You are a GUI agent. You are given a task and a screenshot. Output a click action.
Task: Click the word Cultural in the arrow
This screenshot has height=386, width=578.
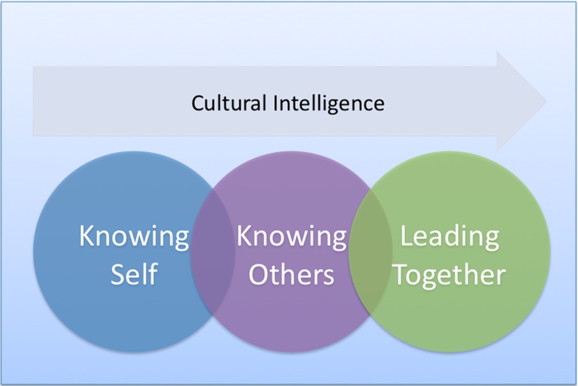(228, 103)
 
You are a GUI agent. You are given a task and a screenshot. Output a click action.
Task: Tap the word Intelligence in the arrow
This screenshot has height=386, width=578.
(329, 104)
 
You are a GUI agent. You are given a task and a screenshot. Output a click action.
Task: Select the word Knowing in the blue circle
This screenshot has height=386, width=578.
(134, 238)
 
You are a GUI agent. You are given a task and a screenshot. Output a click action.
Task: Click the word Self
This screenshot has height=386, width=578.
(134, 274)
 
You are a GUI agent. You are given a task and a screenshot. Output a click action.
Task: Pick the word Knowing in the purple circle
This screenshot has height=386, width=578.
(291, 238)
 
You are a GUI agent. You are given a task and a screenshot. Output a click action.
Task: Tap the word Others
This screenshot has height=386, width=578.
(291, 274)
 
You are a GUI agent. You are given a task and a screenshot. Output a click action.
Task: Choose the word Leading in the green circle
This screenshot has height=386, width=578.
(449, 238)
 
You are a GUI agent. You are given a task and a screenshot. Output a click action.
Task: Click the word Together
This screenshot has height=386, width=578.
(450, 275)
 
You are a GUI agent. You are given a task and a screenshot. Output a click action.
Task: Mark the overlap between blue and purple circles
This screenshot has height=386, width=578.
(213, 251)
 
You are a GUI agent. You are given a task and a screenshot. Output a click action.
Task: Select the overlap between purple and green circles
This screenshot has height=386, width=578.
(370, 251)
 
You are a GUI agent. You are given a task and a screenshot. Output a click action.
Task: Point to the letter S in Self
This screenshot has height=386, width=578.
(118, 274)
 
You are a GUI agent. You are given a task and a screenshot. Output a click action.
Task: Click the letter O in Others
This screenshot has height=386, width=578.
(260, 274)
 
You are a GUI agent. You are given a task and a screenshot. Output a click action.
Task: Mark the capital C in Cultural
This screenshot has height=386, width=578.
(198, 103)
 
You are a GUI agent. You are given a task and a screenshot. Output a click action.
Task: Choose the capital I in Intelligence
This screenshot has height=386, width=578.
(275, 103)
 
